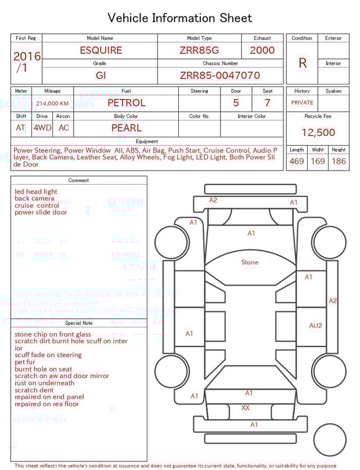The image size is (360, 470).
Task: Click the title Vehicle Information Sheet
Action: tap(180, 18)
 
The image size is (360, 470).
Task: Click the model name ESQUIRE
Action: tap(101, 50)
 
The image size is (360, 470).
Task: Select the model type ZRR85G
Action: tap(199, 50)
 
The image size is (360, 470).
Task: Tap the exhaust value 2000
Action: tap(262, 50)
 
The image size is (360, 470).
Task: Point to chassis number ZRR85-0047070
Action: tap(220, 75)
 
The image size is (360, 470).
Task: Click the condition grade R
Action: tap(303, 63)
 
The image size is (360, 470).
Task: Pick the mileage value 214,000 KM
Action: tap(52, 104)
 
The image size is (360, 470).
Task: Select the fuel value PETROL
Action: tap(126, 103)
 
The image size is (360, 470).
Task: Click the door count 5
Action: tap(236, 103)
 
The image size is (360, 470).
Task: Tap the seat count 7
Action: tap(267, 103)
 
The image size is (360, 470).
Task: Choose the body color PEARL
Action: tap(126, 128)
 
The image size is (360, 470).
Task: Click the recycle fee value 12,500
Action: tap(318, 133)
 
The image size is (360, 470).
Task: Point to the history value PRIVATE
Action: tap(302, 103)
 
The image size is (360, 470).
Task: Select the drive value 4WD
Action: tap(42, 128)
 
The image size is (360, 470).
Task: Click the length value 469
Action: tap(296, 162)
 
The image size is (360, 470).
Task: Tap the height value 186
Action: tap(339, 162)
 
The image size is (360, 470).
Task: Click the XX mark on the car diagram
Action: tap(246, 408)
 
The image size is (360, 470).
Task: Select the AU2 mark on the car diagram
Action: tap(316, 325)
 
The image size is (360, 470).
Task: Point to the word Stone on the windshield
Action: tap(250, 262)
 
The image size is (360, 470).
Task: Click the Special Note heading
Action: tap(79, 323)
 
